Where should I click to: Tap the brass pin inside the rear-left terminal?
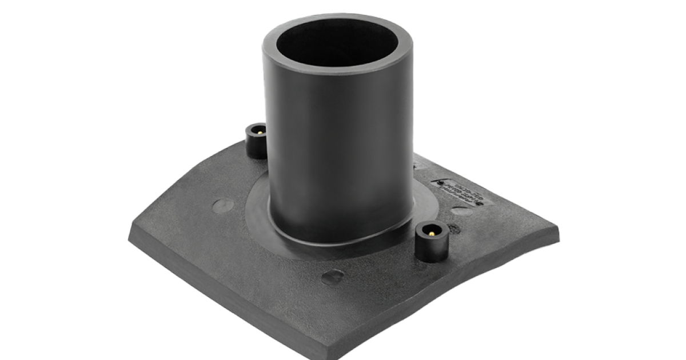point(258,130)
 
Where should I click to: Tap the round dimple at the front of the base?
point(332,277)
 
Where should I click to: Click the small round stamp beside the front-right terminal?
point(454,229)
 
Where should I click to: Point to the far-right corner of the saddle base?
point(557,229)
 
